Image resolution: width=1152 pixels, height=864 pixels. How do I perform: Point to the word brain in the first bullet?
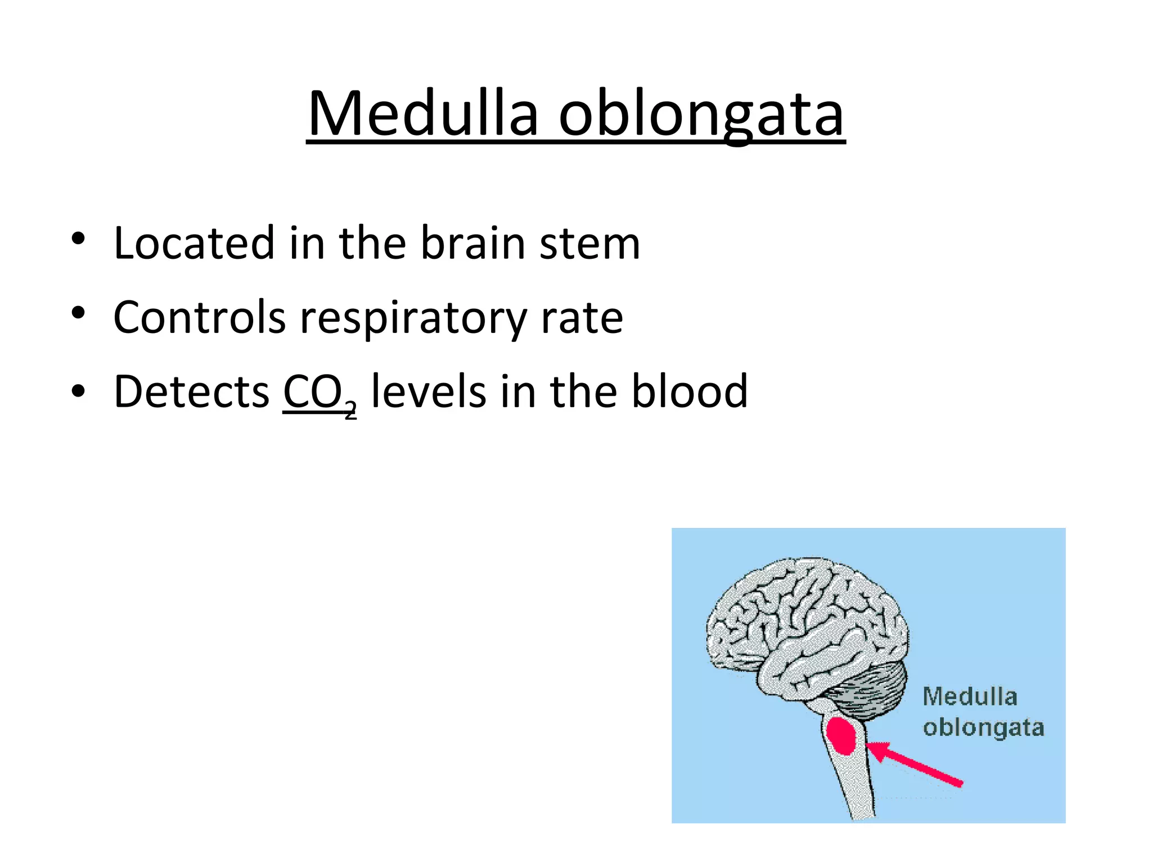coord(472,243)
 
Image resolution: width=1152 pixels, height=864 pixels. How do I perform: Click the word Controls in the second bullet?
coord(200,317)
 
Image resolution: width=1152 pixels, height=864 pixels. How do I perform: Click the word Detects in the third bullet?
coord(192,391)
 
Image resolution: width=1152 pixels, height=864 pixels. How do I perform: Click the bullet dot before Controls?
coord(78,313)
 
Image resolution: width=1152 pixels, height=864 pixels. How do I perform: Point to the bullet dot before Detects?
coord(78,389)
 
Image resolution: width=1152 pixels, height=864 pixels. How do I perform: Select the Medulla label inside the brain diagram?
coord(970,697)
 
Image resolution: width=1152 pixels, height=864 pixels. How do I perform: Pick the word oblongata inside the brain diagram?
coord(983,728)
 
